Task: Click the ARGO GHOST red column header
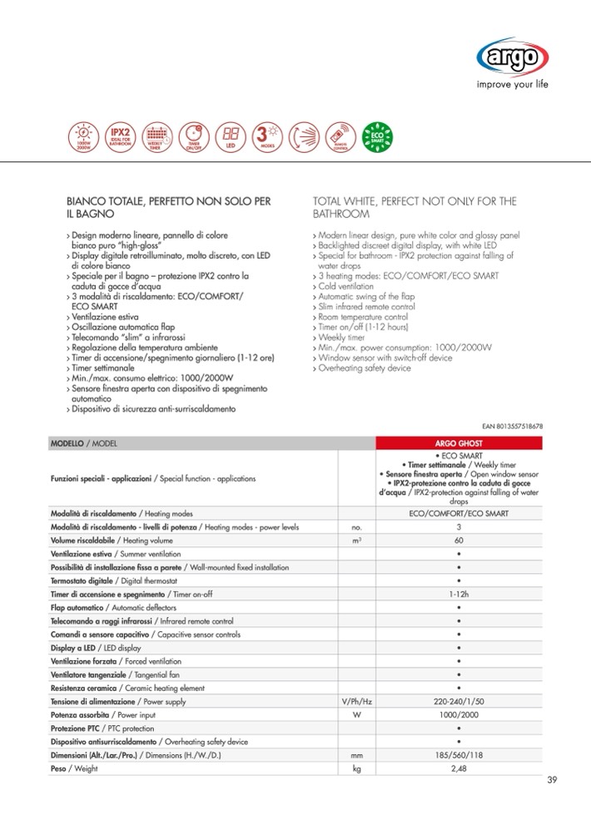(459, 444)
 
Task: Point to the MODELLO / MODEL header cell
(83, 444)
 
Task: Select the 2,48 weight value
(459, 768)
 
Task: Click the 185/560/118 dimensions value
(459, 754)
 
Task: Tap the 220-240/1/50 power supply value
(459, 703)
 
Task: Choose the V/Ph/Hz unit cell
(356, 703)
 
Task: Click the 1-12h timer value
(459, 594)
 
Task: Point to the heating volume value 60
(459, 541)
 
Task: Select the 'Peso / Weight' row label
(74, 768)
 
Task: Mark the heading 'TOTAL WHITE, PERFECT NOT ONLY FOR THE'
(414, 201)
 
